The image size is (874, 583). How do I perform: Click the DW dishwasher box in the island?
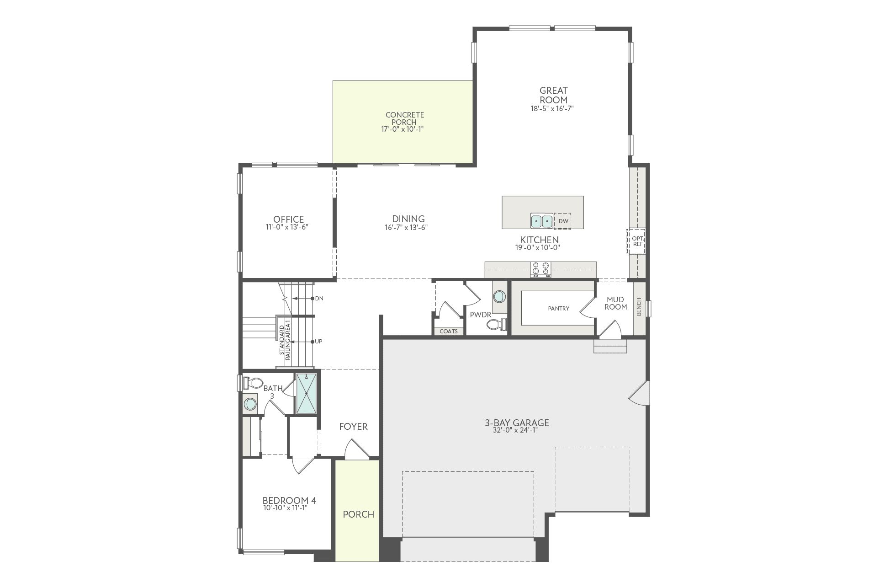[562, 221]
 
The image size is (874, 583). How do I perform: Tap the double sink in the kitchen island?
[542, 221]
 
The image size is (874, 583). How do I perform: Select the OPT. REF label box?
[637, 241]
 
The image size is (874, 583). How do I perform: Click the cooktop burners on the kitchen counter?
[540, 269]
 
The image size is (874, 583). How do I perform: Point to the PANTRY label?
[558, 309]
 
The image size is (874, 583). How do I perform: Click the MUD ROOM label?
[615, 303]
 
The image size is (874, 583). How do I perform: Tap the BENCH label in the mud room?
[639, 306]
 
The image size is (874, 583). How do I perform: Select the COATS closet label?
[448, 331]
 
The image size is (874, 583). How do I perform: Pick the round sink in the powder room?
[499, 297]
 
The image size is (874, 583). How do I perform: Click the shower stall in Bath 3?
[306, 393]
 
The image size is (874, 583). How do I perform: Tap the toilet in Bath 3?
[253, 382]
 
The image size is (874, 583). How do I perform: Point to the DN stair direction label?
[319, 299]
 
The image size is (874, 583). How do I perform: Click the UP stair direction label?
[318, 342]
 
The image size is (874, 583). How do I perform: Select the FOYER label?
[353, 427]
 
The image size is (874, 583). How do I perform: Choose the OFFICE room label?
[288, 219]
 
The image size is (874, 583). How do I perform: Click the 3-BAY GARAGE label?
[517, 423]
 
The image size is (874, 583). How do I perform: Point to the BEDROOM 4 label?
[289, 501]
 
